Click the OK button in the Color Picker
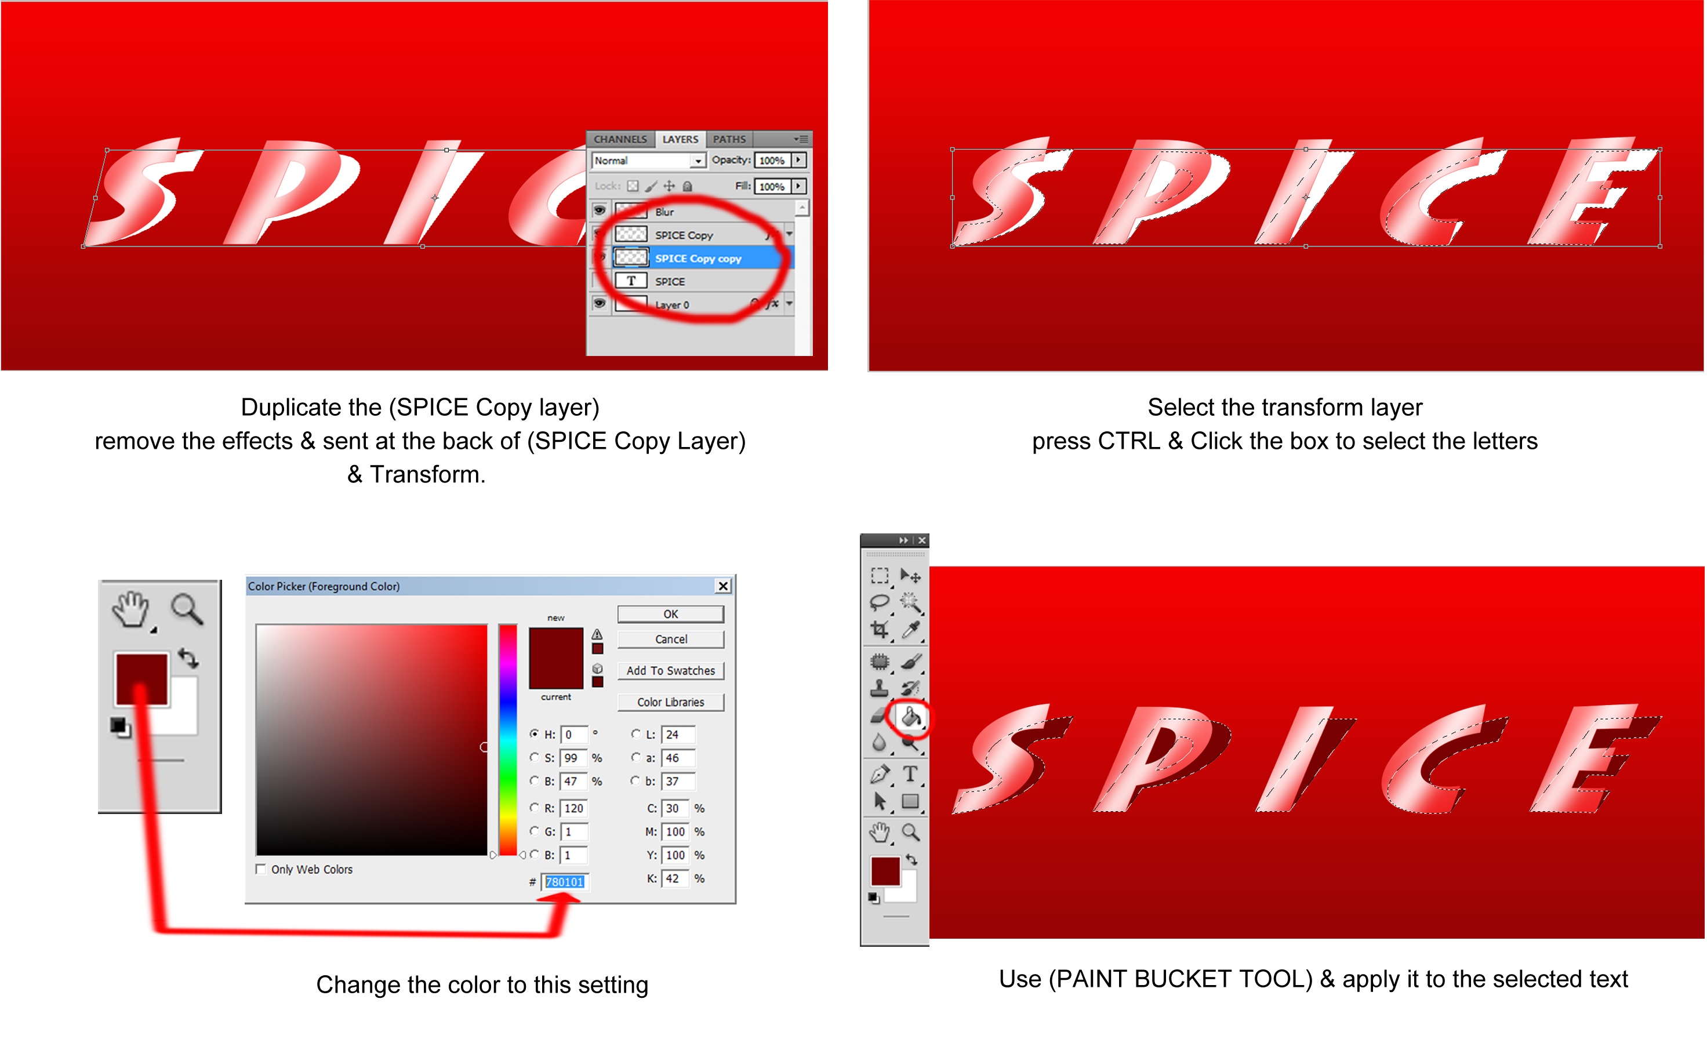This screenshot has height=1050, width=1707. point(670,614)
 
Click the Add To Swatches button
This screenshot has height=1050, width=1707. point(670,670)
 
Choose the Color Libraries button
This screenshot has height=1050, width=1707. point(670,702)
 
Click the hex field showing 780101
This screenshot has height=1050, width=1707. point(565,882)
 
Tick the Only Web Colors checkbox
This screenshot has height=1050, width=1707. point(261,869)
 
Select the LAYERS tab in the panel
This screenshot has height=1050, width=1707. point(680,139)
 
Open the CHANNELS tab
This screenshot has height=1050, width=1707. point(620,139)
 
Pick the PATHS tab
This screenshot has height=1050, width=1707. point(729,139)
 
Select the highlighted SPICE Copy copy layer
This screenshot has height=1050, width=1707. point(698,259)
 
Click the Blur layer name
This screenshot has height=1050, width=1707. point(664,212)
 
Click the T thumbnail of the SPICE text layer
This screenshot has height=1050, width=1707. point(631,281)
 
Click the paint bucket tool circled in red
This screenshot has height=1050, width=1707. point(910,717)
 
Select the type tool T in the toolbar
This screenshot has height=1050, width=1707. point(910,773)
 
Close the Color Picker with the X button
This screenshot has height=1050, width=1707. point(723,586)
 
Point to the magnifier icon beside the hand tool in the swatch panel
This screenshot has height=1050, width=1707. point(187,609)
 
